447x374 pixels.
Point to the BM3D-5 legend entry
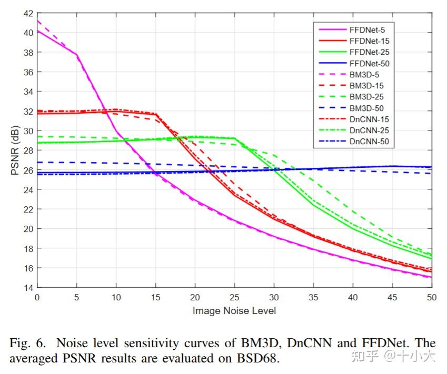click(x=364, y=75)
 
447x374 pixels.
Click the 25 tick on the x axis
click(x=234, y=297)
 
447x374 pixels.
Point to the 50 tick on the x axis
click(x=431, y=297)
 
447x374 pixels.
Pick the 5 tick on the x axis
click(x=77, y=297)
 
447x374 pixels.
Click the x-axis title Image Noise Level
click(x=234, y=310)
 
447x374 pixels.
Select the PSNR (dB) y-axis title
click(x=15, y=150)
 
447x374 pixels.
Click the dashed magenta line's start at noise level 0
click(x=38, y=21)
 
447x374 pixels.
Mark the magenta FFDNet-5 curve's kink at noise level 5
click(x=77, y=54)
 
